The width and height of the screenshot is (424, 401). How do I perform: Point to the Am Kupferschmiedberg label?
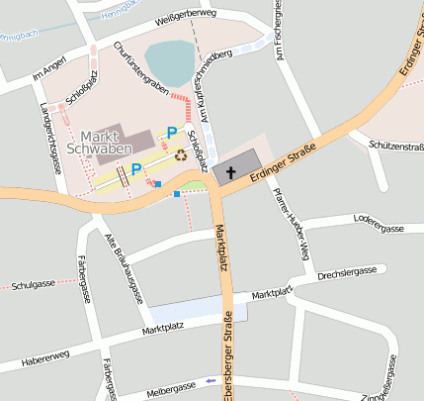click(219, 84)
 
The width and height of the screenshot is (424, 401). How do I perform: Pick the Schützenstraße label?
click(395, 146)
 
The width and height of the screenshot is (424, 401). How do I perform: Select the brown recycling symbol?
click(181, 153)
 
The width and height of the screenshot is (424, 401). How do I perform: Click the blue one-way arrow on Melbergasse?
click(211, 380)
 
